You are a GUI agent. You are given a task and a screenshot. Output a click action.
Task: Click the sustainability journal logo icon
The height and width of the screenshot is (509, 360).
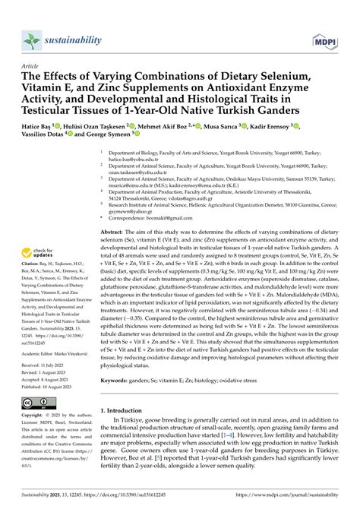coord(28,38)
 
